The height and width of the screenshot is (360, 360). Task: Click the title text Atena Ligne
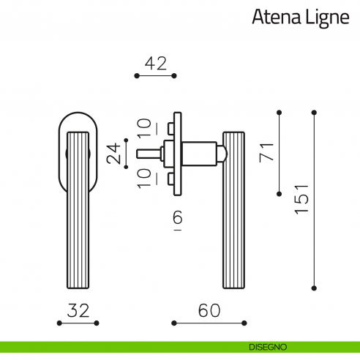(300, 18)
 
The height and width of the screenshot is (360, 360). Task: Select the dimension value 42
(156, 63)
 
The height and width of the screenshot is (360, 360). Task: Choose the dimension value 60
(209, 310)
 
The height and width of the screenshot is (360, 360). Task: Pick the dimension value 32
(78, 310)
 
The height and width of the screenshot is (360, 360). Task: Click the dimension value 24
(113, 154)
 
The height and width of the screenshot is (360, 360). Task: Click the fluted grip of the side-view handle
(234, 220)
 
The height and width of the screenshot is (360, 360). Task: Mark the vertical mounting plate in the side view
(176, 154)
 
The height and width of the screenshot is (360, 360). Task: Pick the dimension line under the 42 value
(156, 75)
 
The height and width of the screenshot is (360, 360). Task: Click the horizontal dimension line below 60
(209, 323)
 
